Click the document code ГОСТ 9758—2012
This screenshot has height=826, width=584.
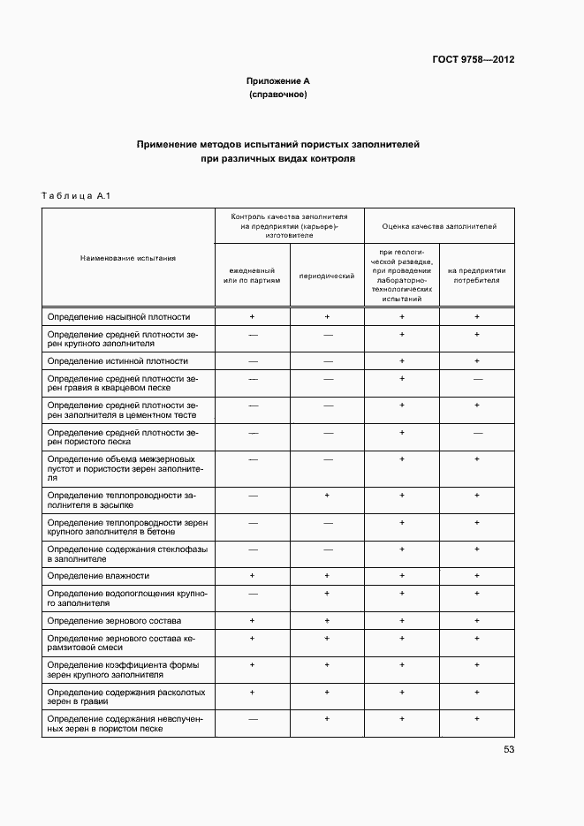473,60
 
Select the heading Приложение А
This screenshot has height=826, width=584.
277,80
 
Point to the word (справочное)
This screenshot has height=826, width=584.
277,94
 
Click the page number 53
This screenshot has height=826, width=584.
508,749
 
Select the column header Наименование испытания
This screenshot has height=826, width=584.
128,258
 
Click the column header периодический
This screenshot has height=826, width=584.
327,276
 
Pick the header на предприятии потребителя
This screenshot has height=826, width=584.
476,276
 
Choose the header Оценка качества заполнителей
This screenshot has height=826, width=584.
439,226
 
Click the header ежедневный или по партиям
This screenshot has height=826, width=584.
252,276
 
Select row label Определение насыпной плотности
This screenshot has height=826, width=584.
118,316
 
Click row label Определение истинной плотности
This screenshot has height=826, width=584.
118,360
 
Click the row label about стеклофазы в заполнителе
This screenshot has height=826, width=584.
127,553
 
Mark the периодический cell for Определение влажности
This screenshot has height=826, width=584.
327,575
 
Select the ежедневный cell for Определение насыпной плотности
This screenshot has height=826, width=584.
252,316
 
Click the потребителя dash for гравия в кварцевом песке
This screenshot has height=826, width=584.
476,378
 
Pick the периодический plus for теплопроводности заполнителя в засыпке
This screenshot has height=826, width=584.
327,496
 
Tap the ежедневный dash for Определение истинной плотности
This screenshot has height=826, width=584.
252,361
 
